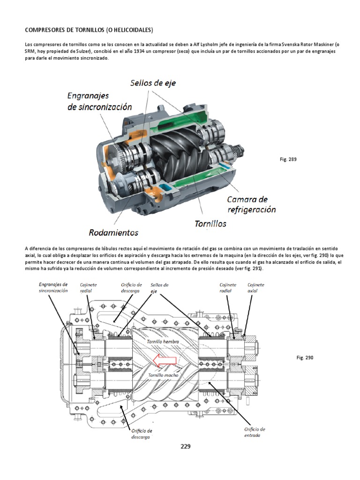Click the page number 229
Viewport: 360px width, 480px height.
click(186, 446)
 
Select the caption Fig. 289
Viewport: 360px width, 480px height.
click(288, 159)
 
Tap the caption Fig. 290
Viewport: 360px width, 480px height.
click(304, 358)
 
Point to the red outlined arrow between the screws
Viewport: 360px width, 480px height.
click(164, 360)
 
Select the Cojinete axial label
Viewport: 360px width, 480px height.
click(256, 287)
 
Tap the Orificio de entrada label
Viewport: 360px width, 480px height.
click(255, 432)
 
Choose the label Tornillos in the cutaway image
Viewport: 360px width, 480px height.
click(210, 224)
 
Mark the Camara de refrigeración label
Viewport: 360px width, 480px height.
click(252, 204)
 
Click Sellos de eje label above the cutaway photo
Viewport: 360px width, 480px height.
click(153, 83)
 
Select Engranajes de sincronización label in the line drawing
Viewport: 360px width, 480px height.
click(53, 287)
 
